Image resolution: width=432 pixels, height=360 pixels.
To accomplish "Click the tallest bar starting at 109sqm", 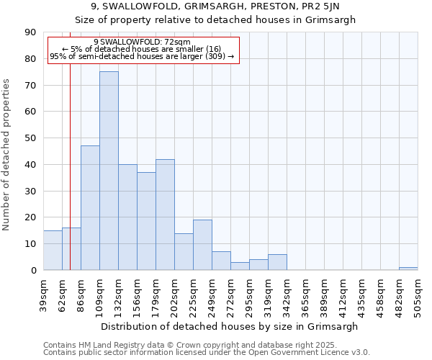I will pos(109,171).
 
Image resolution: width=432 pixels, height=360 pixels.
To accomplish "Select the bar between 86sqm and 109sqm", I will pos(90,207).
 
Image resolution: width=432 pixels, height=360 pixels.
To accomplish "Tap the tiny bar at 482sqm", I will pos(408,269).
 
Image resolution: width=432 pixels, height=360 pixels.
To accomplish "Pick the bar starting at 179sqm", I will pos(165,215).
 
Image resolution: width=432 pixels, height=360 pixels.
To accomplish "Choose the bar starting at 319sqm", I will pos(277,262).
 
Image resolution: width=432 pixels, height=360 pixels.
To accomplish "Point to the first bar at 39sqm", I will pos(53,250).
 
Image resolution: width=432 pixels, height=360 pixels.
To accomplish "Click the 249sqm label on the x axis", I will pos(212,296).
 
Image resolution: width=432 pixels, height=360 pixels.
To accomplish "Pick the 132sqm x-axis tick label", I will pos(118,296).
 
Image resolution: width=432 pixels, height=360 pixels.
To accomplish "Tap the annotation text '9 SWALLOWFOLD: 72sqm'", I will pos(142,42).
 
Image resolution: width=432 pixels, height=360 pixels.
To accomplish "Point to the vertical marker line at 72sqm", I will pos(70,166).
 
